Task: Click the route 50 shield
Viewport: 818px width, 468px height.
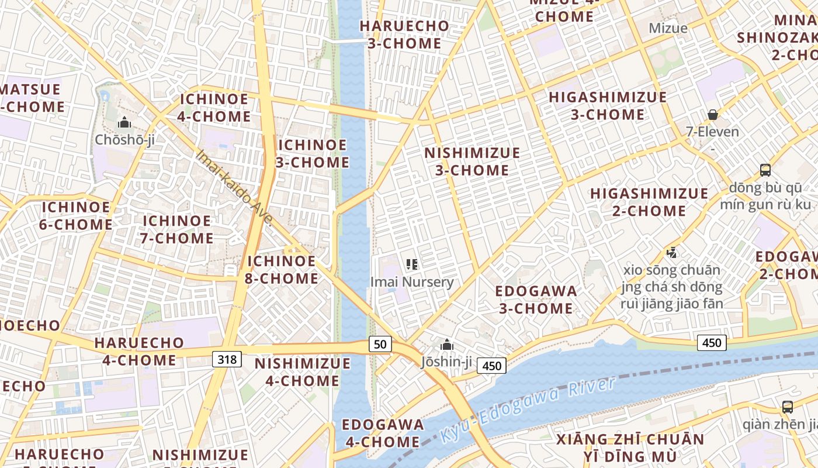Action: click(x=380, y=344)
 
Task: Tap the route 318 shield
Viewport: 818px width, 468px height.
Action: click(x=227, y=359)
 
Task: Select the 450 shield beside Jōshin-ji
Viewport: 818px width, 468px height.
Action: click(x=491, y=366)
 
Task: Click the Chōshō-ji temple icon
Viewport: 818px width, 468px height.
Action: click(x=124, y=123)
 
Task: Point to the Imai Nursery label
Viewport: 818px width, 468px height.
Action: click(x=412, y=282)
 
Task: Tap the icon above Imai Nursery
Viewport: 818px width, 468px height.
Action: click(x=412, y=264)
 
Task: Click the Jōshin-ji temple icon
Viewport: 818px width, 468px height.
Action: click(x=447, y=345)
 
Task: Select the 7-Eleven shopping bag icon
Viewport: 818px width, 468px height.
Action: click(x=712, y=115)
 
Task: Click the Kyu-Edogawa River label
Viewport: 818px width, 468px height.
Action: click(x=528, y=409)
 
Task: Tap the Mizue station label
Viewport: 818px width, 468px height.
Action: click(x=668, y=27)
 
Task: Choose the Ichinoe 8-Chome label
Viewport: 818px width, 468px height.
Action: click(x=282, y=270)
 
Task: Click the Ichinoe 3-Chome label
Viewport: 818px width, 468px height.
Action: click(x=312, y=153)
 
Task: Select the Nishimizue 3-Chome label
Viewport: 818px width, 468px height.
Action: click(x=472, y=161)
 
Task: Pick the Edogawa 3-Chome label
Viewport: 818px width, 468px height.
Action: click(x=536, y=300)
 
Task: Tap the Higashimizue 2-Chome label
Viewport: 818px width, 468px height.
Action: click(x=649, y=202)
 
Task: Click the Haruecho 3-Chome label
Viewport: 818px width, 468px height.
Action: click(x=404, y=35)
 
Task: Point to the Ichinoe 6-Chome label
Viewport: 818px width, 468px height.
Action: click(x=76, y=216)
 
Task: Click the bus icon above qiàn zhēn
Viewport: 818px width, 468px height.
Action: click(x=788, y=407)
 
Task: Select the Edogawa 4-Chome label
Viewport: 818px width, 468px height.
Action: click(x=383, y=433)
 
